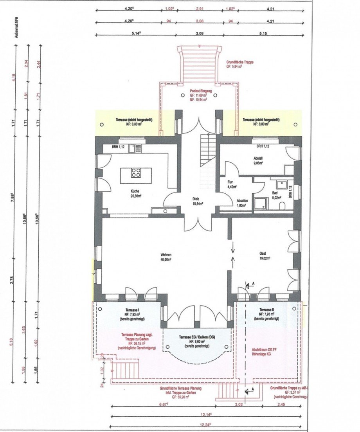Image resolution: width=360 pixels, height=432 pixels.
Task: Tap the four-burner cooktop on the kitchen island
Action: click(136, 172)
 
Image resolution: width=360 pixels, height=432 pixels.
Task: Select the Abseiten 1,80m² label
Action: click(242, 202)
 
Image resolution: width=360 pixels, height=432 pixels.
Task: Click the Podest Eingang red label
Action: click(198, 95)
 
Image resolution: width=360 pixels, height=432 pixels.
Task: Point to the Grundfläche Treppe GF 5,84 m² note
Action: click(239, 65)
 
